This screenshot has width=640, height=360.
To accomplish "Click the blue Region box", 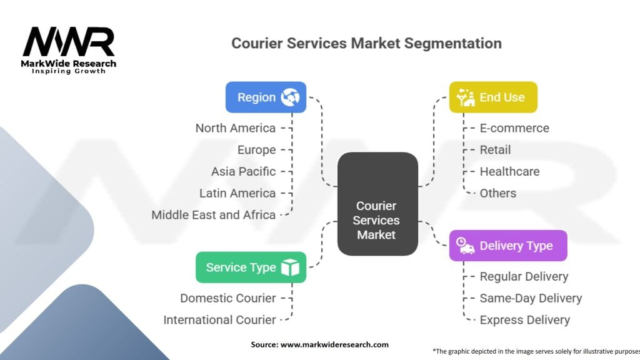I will (x=266, y=97).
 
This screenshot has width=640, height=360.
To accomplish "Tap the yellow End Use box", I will (x=492, y=97).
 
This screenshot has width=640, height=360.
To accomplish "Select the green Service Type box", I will (x=251, y=267).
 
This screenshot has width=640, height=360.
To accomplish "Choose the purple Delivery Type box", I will (x=507, y=246).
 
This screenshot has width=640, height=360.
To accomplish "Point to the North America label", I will (x=235, y=128).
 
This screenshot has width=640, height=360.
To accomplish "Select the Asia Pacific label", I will (x=243, y=171).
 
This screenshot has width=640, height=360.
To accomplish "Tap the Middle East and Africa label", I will (x=213, y=214).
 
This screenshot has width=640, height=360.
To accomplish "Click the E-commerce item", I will (x=514, y=128).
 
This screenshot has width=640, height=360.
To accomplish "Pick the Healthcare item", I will (x=509, y=171).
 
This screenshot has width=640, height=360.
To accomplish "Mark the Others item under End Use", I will (x=497, y=193).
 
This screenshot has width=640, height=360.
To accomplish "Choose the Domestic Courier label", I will (x=227, y=298).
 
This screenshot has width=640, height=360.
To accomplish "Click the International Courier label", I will (x=219, y=320).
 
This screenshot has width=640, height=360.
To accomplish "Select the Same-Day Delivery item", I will (x=531, y=298).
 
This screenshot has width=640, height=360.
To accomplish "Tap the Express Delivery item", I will (x=524, y=320).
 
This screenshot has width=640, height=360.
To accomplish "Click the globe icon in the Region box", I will (x=291, y=97).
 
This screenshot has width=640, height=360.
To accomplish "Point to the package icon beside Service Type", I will (x=290, y=267).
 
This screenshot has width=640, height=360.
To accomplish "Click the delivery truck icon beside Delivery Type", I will (x=465, y=246).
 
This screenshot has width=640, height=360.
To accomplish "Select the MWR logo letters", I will (x=69, y=42).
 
